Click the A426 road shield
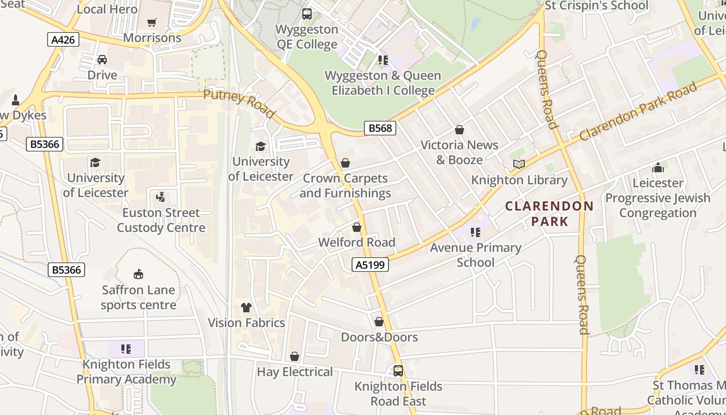tap(64, 39)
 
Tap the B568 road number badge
tap(380, 128)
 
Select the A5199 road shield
tap(370, 265)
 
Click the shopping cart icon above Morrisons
tap(152, 22)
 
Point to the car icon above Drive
tap(102, 60)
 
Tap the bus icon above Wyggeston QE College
tap(307, 14)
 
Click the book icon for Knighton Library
tap(519, 164)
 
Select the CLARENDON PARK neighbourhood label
tap(550, 214)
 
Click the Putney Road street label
tap(239, 103)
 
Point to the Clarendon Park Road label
tap(638, 112)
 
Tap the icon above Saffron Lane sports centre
tap(138, 274)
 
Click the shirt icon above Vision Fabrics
tap(246, 308)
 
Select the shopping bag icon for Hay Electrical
tap(295, 356)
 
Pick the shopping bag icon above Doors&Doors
tap(379, 322)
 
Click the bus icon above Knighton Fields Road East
tap(398, 371)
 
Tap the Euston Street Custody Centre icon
tap(161, 197)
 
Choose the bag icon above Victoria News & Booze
tap(459, 130)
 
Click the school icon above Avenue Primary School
tap(475, 232)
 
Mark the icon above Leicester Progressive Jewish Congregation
tap(658, 168)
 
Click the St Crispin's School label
tap(596, 6)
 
